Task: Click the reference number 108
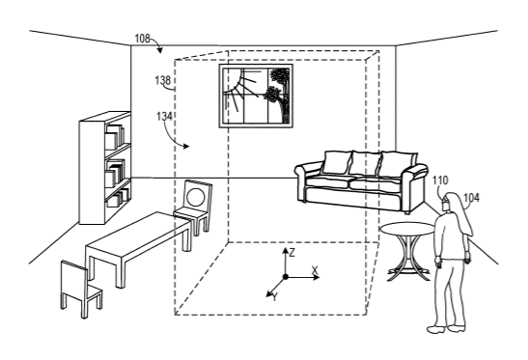click(x=142, y=39)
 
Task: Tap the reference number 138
click(x=162, y=80)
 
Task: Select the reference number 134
click(x=164, y=117)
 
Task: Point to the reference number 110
click(x=440, y=180)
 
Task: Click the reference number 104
click(x=471, y=198)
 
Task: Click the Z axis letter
click(x=292, y=253)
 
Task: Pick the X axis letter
click(x=315, y=270)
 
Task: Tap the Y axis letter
click(x=275, y=297)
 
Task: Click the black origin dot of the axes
click(x=286, y=277)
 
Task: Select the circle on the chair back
click(x=196, y=198)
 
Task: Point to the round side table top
click(x=407, y=229)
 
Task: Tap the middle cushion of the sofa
click(x=365, y=163)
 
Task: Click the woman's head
click(x=450, y=202)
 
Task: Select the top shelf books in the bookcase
click(x=115, y=137)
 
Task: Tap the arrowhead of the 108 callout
click(x=159, y=50)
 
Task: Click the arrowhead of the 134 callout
click(x=185, y=146)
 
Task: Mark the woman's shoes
click(x=447, y=328)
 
